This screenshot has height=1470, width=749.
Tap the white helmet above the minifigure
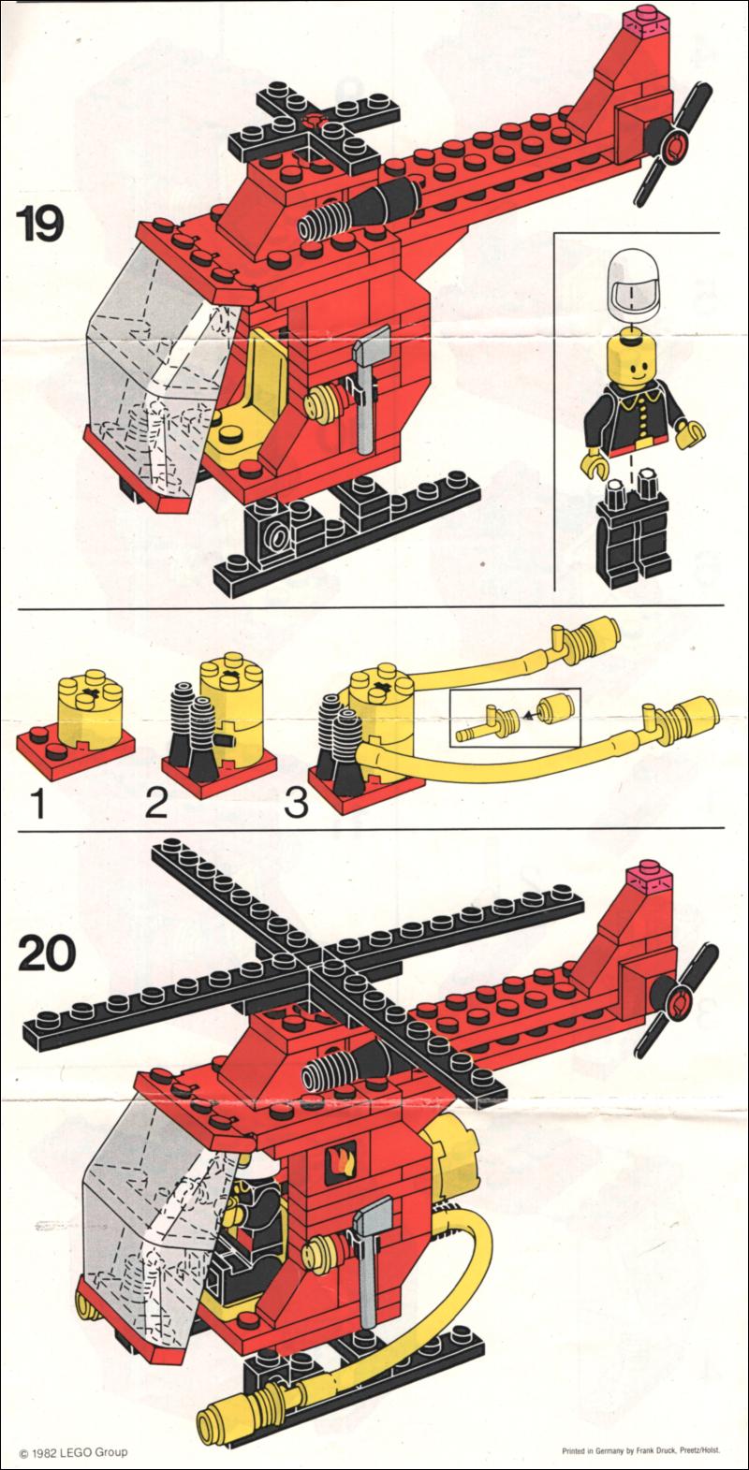(633, 284)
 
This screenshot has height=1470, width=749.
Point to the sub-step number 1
(38, 803)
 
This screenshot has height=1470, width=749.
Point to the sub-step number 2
(156, 803)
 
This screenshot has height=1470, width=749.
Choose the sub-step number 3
(297, 803)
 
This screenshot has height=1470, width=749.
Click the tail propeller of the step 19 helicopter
(673, 144)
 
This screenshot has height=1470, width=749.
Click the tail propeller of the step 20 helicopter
(678, 1000)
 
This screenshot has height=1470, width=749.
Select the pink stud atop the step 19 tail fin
(647, 21)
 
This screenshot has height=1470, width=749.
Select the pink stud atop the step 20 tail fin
(650, 877)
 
